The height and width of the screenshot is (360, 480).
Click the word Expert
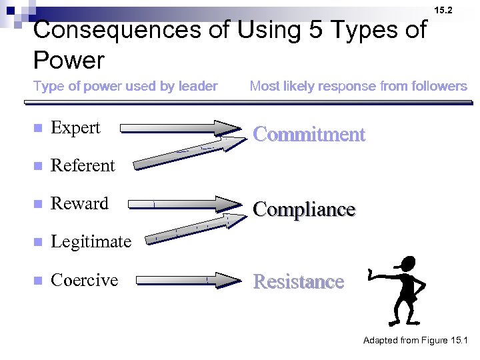pos(75,127)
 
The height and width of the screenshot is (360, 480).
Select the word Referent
pos(83,165)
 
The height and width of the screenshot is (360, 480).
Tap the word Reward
pos(79,203)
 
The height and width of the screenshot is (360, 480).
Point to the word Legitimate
pos(91,241)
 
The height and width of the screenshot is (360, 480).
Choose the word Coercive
pos(84,280)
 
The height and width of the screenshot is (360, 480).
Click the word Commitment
pos(309,135)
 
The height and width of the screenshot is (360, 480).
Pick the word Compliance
pos(304,209)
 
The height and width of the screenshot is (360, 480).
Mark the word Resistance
pos(299,282)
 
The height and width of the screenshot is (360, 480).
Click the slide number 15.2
pos(443,11)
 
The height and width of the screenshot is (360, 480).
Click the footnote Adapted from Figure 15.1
pos(415,341)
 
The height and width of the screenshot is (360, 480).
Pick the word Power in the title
pos(69,61)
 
